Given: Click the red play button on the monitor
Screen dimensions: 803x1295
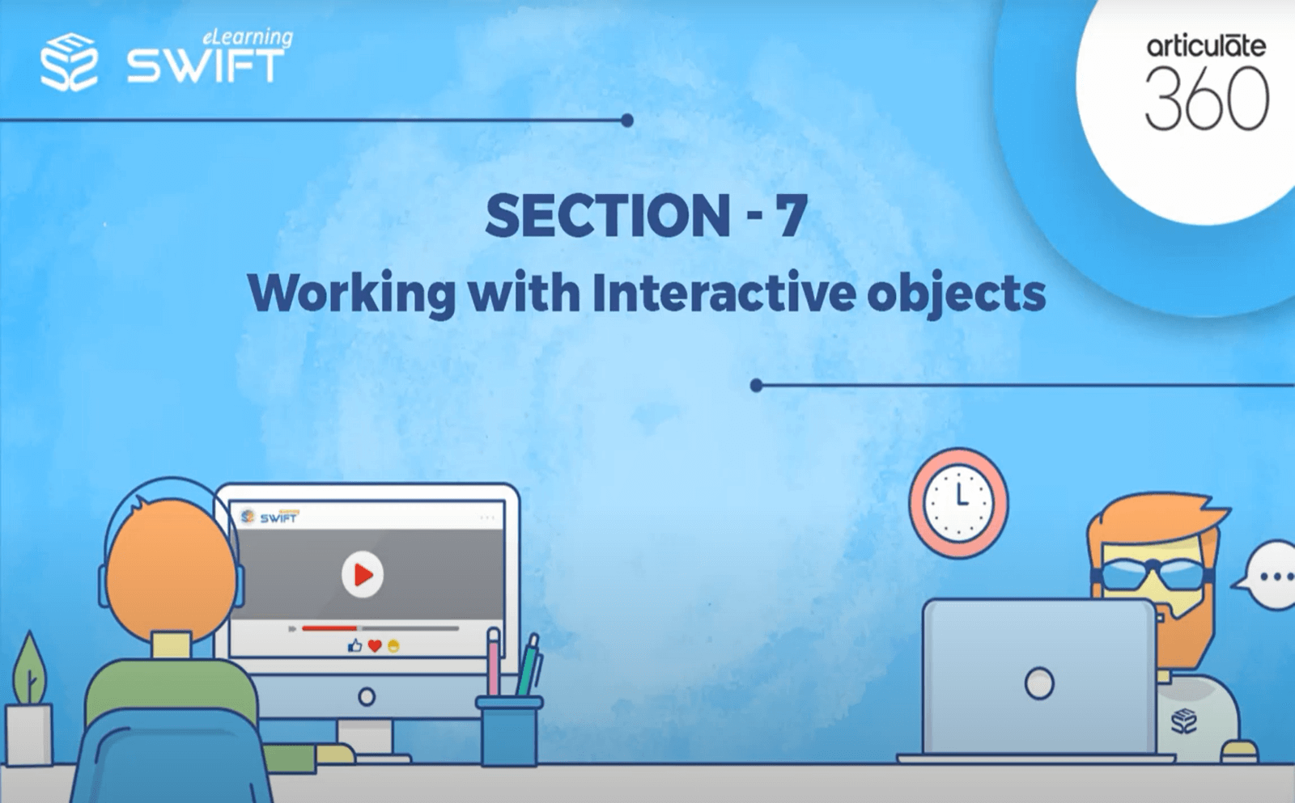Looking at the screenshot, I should (362, 574).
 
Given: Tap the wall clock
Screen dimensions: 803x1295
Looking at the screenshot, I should (959, 503).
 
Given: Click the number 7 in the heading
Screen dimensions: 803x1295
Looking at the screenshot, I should (791, 216).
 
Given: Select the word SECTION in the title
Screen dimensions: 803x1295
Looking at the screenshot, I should (608, 216).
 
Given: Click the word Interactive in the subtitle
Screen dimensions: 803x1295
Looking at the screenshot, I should (723, 293).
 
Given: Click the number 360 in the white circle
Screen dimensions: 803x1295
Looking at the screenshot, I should (1207, 99).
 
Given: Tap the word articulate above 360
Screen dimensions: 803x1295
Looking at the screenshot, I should (1206, 45).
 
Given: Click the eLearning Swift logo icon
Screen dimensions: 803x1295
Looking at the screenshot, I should (70, 61).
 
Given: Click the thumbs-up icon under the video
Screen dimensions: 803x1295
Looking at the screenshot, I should (355, 645).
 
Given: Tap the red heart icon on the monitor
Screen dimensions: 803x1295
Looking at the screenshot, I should (375, 645).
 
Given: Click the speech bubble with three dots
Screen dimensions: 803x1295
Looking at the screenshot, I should (1272, 577).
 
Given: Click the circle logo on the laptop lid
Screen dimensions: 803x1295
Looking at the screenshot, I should (1039, 683).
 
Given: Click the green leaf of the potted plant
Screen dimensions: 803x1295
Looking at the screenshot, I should (29, 667).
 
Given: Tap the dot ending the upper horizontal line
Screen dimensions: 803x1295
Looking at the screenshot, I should (627, 120).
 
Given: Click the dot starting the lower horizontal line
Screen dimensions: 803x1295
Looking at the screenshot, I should (756, 386).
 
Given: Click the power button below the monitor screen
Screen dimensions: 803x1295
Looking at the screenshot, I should (367, 696).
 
